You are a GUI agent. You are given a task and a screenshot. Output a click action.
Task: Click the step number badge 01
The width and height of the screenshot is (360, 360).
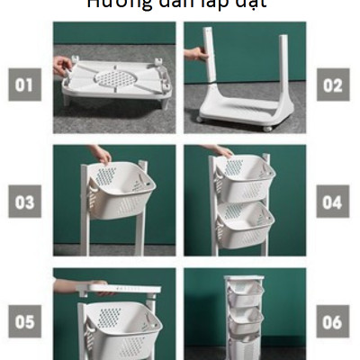point(25,86)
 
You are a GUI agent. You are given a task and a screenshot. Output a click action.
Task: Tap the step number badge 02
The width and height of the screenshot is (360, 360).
point(333,86)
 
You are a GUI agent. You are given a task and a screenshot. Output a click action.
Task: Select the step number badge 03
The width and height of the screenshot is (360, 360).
point(25,202)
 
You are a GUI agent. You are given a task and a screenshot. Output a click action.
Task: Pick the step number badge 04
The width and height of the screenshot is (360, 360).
point(333,202)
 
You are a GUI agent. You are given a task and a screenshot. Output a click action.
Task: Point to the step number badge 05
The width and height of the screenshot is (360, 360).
point(25,319)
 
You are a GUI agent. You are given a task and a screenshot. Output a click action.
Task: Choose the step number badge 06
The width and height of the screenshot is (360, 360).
point(333,319)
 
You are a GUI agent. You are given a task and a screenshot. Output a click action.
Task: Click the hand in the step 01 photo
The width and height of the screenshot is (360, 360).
point(62,65)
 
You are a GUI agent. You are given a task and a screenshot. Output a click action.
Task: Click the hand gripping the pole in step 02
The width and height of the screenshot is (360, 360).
point(196,55)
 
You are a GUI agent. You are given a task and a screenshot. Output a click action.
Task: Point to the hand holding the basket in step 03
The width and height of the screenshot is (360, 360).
point(101,154)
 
